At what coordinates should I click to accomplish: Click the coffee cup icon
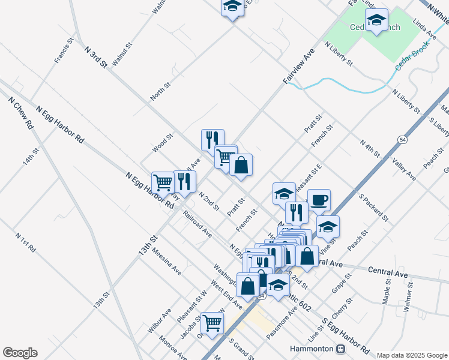[x=319, y=200]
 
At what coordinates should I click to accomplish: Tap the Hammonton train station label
[x=312, y=349]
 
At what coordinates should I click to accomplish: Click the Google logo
[x=20, y=353]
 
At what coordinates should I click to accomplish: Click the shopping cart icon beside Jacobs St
[x=212, y=322]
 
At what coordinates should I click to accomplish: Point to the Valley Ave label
[x=404, y=169]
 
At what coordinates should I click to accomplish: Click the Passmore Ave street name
[x=282, y=324]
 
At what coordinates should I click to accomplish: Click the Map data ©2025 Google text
[x=412, y=355]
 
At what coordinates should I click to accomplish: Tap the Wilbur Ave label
[x=159, y=321]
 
